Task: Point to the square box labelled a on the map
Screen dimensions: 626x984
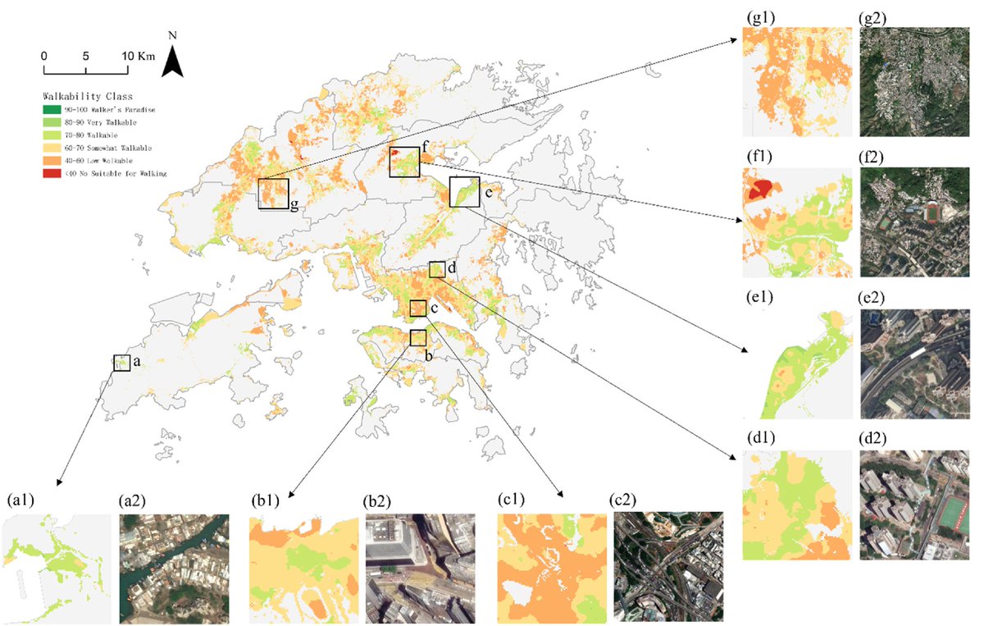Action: pos(121,363)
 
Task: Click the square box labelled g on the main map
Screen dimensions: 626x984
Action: pos(273,194)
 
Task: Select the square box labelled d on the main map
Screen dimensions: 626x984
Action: pos(436,270)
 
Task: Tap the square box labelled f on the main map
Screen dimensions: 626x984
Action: pos(404,162)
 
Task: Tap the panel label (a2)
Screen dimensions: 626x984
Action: pos(133,500)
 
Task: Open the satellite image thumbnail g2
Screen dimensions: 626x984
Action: pos(913,81)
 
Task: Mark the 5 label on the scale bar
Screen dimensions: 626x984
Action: pos(85,56)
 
